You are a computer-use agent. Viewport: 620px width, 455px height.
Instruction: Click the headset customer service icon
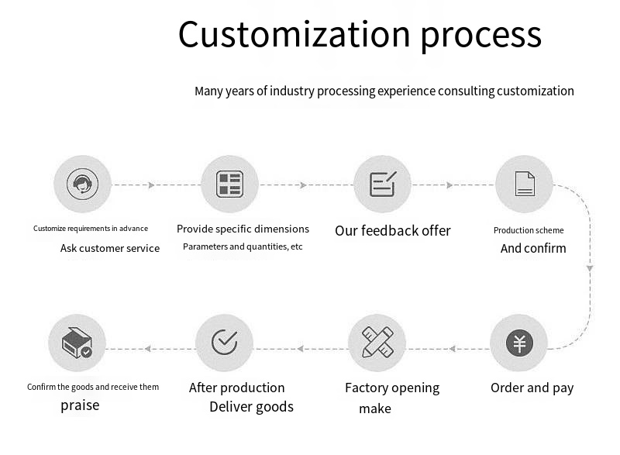click(x=82, y=184)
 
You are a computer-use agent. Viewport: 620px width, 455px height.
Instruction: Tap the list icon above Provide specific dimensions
click(x=229, y=184)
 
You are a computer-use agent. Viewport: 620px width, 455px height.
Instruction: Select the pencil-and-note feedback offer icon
click(x=382, y=184)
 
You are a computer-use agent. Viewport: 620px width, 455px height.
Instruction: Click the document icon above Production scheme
click(x=525, y=184)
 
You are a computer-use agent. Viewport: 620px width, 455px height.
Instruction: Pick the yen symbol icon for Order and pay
click(x=519, y=343)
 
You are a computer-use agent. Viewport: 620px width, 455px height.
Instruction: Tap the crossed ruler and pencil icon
click(x=377, y=342)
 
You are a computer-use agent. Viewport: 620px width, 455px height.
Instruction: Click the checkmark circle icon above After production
click(x=224, y=341)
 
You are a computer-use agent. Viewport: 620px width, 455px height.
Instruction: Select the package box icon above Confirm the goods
click(x=77, y=343)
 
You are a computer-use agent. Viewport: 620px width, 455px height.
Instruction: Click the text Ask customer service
click(x=110, y=249)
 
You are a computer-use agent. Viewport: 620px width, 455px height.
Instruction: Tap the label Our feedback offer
click(x=392, y=230)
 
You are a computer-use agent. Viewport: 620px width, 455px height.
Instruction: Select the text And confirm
click(x=533, y=249)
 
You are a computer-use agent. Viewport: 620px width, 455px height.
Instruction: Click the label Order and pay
click(x=532, y=388)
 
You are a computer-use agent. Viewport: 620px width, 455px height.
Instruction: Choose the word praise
click(x=80, y=405)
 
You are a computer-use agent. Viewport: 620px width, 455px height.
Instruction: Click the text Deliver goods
click(x=251, y=407)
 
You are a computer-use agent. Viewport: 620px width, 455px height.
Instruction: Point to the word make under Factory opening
click(x=374, y=408)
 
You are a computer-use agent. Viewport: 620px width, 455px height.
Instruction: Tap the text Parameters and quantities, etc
click(x=243, y=247)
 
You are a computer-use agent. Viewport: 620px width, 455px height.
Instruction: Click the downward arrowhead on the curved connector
click(x=590, y=267)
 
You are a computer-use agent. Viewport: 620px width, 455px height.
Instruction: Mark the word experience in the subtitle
click(x=407, y=91)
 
